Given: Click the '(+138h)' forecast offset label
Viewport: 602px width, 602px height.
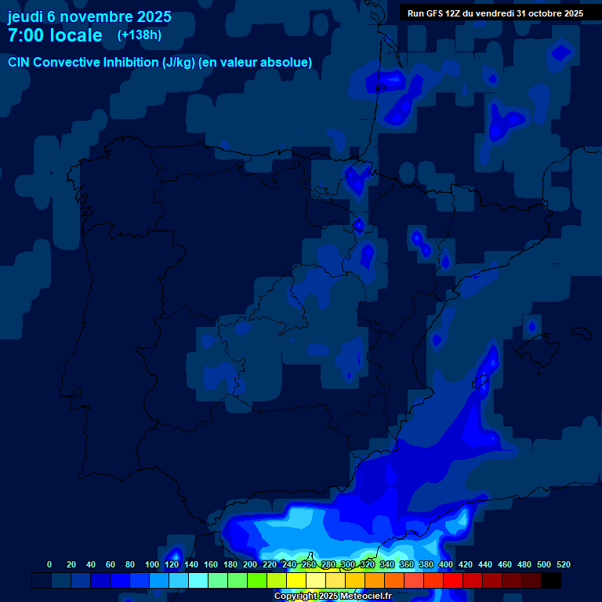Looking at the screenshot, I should click(139, 34).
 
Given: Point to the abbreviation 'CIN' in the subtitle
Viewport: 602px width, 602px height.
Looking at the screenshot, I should click(20, 63).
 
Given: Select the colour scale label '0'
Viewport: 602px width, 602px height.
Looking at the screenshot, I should click(49, 564).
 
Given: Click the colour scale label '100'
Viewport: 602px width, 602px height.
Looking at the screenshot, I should click(151, 564).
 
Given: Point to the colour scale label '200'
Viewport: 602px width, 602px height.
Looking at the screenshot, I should click(250, 564).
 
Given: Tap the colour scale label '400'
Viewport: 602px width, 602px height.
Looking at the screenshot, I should click(446, 564).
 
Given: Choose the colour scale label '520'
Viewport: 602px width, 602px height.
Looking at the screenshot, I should click(564, 564).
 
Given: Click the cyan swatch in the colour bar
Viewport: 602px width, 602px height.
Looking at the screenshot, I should click(198, 580).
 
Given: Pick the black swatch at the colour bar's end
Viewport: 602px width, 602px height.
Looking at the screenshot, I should click(551, 580).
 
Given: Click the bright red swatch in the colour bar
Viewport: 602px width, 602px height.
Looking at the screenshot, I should click(453, 580).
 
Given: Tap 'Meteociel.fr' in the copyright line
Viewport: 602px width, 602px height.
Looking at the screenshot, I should click(365, 597).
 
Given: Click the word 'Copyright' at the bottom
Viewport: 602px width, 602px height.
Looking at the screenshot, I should click(295, 597).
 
